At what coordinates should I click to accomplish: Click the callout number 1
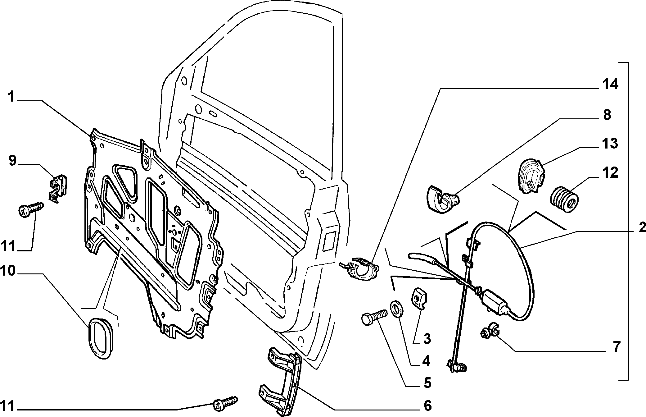11,97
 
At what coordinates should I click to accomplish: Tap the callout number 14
610,85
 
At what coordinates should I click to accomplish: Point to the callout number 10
8,271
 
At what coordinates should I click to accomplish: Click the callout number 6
428,406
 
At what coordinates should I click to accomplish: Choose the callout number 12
610,173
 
